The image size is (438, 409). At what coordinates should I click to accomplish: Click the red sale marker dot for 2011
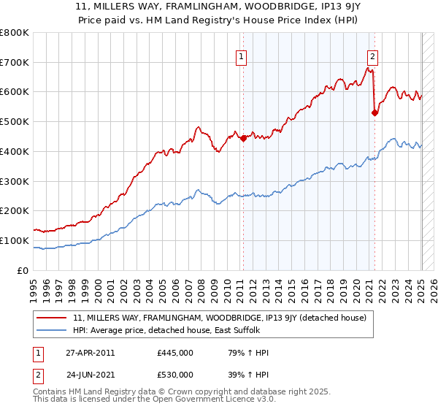243,138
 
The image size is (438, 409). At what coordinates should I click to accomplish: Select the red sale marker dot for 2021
374,112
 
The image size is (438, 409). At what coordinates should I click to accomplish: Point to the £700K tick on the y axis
16,62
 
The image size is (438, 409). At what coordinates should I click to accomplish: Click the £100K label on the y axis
16,240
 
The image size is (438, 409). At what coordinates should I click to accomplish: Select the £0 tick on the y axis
23,270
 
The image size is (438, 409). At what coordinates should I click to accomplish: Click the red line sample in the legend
52,318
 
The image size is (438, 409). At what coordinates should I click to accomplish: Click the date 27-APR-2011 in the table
90,353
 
